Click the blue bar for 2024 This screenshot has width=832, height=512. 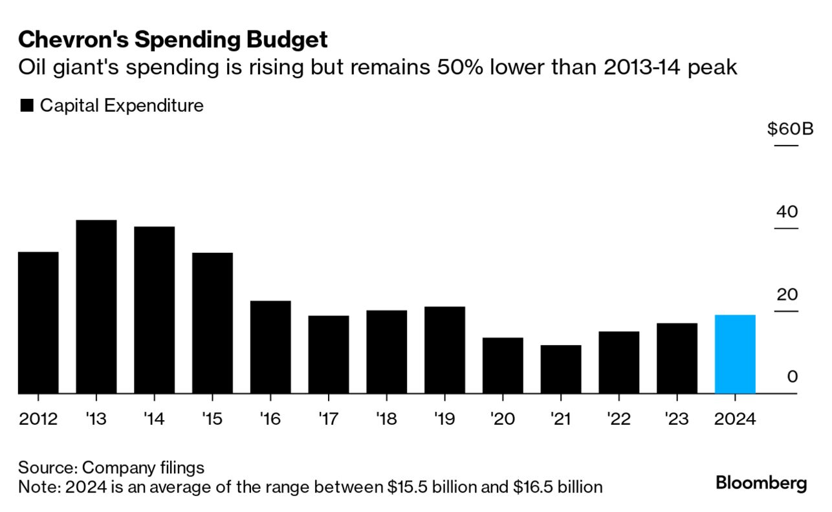pyautogui.click(x=735, y=354)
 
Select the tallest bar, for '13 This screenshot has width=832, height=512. pyautogui.click(x=96, y=306)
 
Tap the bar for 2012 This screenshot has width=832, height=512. pyautogui.click(x=38, y=323)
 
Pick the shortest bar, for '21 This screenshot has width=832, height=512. pyautogui.click(x=561, y=369)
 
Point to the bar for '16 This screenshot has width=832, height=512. pyautogui.click(x=270, y=347)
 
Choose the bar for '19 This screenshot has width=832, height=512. pyautogui.click(x=444, y=350)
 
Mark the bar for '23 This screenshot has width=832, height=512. pyautogui.click(x=677, y=358)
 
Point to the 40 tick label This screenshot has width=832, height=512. pyautogui.click(x=787, y=212)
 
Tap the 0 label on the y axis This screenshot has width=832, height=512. pyautogui.click(x=793, y=377)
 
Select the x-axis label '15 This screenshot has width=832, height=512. pyautogui.click(x=212, y=419)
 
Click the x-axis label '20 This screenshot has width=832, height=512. pyautogui.click(x=503, y=419)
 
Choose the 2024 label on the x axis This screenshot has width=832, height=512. pyautogui.click(x=735, y=419)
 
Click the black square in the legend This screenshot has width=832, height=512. pyautogui.click(x=27, y=106)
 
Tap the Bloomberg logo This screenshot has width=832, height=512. pyautogui.click(x=761, y=483)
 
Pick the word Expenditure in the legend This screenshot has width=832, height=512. pyautogui.click(x=153, y=105)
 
